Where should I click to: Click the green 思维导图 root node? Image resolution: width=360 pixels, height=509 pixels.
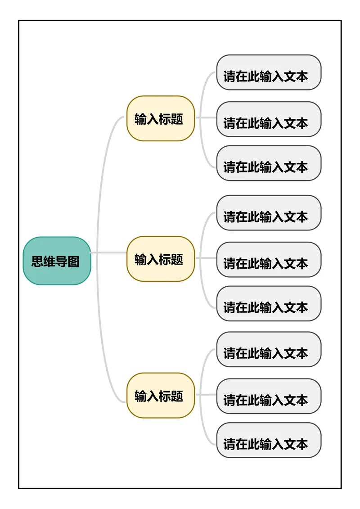57,261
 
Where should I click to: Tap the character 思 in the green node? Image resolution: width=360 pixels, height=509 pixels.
37,261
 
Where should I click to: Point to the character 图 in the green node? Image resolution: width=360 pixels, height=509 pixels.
74,261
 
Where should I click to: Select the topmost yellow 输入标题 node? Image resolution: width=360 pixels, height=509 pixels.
160,118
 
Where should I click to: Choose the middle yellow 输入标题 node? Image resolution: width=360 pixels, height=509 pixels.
160,259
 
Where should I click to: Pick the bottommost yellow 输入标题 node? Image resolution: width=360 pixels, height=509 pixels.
160,396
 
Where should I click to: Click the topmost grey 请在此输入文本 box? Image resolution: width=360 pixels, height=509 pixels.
269,72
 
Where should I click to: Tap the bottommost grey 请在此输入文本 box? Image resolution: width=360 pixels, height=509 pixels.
269,440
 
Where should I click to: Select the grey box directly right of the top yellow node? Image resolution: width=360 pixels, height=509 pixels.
269,119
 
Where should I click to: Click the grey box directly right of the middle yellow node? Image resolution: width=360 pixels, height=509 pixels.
269,260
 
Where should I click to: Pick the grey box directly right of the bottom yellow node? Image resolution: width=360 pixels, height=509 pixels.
269,396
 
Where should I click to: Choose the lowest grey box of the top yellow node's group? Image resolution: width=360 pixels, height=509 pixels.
269,163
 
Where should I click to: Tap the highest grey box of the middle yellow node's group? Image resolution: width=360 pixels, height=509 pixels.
269,213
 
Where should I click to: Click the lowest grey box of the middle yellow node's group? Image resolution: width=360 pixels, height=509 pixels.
269,304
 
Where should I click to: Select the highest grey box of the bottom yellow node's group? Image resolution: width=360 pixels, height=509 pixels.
269,350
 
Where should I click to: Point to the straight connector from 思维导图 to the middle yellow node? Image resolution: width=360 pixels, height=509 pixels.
108,253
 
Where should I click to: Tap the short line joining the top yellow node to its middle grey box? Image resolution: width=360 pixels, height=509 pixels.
206,118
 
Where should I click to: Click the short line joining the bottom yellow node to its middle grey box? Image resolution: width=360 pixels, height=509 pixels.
206,395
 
